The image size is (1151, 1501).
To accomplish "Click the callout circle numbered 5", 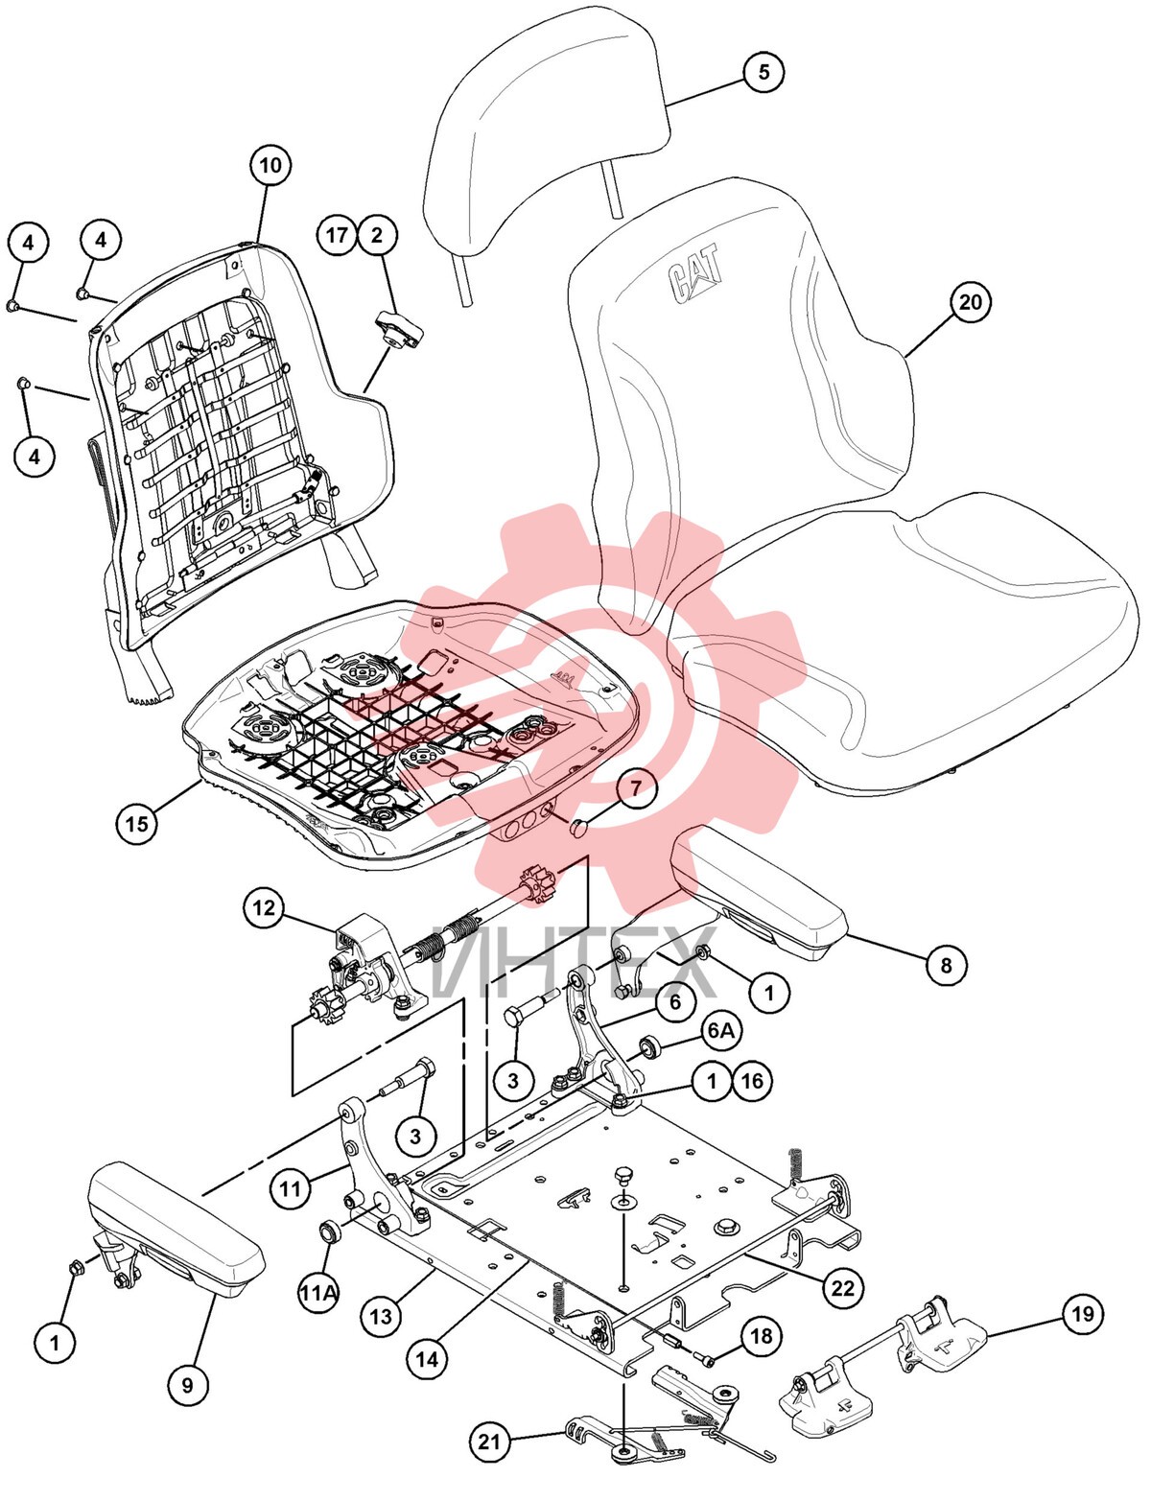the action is tap(763, 71).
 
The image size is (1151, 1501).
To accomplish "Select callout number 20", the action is tap(970, 302).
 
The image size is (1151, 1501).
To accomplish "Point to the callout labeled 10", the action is tap(270, 165).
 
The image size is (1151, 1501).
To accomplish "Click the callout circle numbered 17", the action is tap(337, 235).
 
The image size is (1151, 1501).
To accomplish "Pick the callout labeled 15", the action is tap(137, 823).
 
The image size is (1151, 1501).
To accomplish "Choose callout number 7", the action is tap(636, 788).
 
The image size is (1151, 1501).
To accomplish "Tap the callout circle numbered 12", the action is tap(264, 907).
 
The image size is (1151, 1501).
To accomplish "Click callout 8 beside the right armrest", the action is tap(946, 964).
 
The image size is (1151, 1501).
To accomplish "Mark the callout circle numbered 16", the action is tap(752, 1080).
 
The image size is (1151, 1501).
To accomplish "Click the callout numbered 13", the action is tap(381, 1317).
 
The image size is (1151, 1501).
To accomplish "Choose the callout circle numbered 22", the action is tap(843, 1287).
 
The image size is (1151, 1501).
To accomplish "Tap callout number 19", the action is tap(1083, 1314).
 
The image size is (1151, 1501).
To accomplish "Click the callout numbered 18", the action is tap(761, 1337).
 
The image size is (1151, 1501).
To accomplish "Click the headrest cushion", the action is tap(546, 128).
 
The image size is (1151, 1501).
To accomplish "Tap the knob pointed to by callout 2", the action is tap(398, 331).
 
